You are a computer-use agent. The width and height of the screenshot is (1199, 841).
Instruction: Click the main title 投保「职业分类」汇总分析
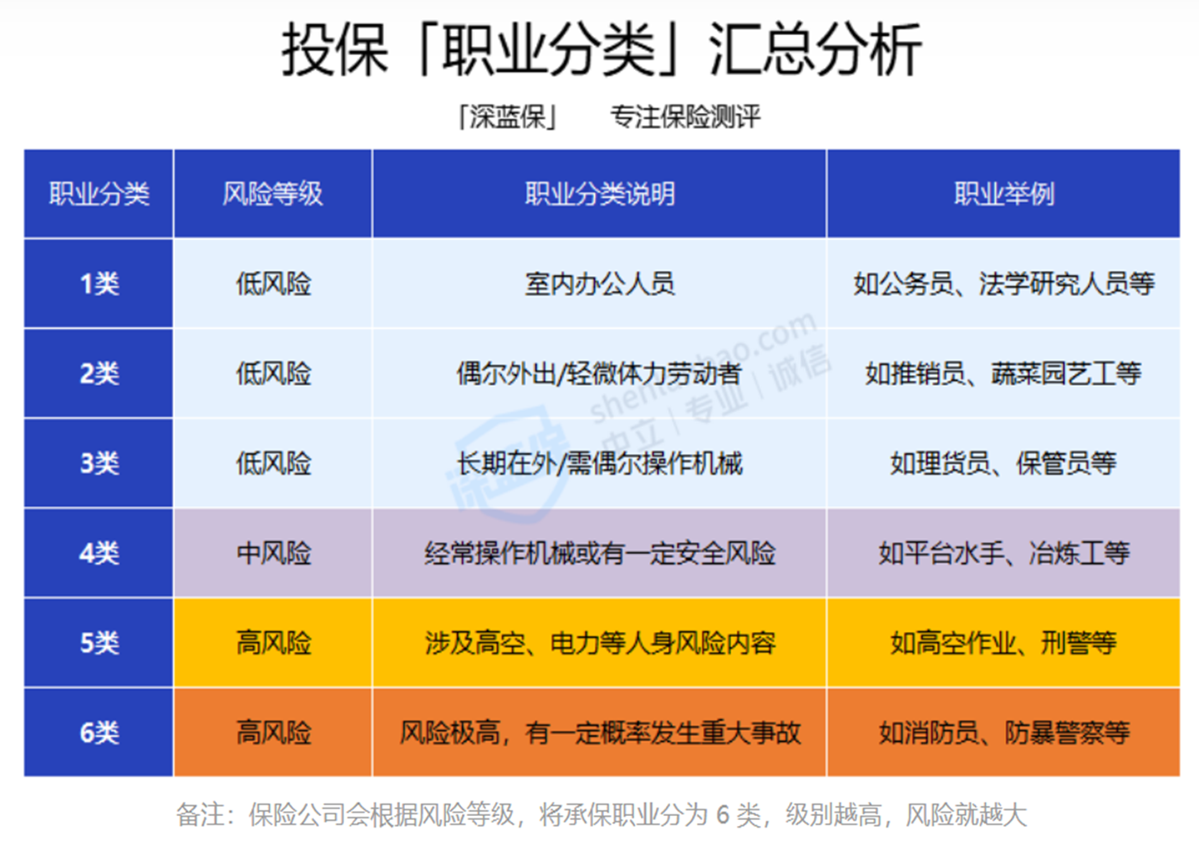point(602,50)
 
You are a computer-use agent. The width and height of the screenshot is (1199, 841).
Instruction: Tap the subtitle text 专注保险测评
point(685,117)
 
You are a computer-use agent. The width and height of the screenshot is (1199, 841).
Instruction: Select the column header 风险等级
point(273,194)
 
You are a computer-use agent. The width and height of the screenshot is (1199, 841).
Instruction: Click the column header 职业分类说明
point(599,194)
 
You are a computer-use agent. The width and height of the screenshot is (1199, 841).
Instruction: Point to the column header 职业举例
point(1003,194)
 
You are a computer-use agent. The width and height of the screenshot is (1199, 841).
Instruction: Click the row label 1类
point(99,283)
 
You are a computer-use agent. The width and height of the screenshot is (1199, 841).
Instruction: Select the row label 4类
point(99,553)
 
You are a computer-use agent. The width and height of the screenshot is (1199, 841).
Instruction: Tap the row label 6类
point(99,732)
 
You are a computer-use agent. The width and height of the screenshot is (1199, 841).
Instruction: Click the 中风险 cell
point(274,553)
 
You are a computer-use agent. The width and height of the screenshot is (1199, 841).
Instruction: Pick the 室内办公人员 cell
point(599,283)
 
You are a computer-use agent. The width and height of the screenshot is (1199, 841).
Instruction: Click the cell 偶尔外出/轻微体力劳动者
point(599,373)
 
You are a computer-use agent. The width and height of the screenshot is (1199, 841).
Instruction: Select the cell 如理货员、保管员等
point(1003,463)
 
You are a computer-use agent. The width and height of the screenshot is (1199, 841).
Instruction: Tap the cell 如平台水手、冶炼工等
point(1003,553)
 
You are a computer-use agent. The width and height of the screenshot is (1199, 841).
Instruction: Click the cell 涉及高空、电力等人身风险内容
point(600,643)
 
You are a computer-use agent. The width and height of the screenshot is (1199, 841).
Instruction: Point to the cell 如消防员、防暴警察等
point(1003,732)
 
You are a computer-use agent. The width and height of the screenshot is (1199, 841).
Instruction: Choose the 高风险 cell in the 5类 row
point(274,643)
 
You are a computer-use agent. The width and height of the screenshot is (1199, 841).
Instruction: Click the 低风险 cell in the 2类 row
point(274,373)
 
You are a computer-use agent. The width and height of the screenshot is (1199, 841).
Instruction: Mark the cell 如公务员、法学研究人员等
point(1003,283)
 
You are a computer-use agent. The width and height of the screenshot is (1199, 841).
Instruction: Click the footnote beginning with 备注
point(602,815)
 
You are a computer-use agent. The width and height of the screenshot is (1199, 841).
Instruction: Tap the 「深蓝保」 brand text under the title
point(507,117)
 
